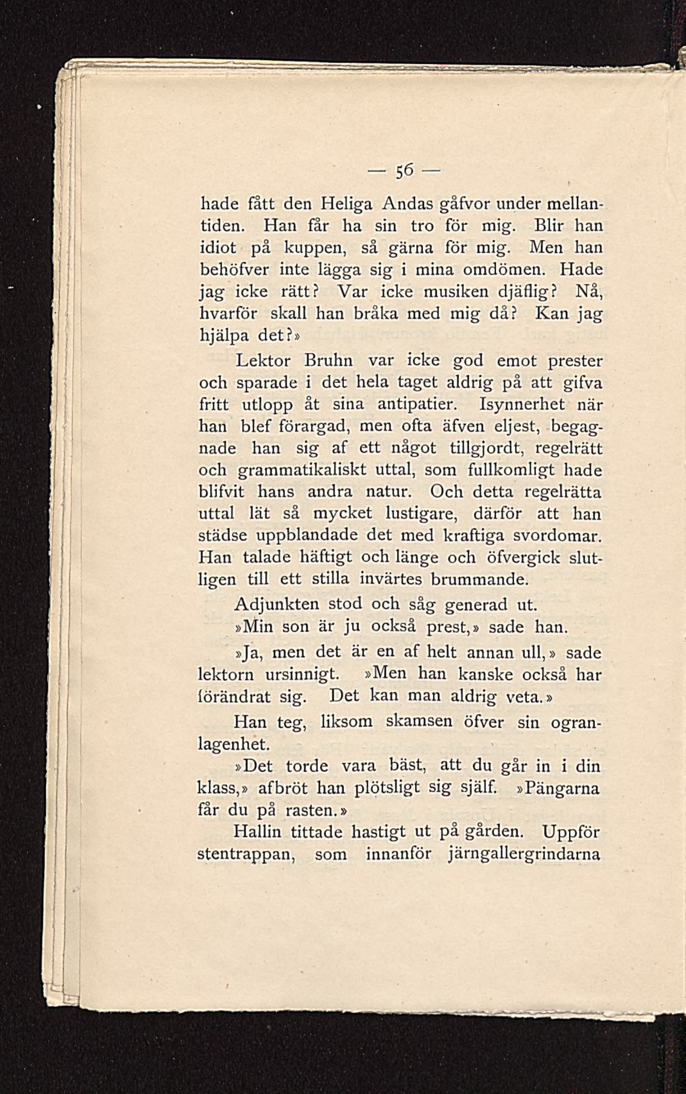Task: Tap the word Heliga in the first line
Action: click(346, 205)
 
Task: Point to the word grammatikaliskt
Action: click(302, 471)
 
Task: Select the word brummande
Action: click(479, 580)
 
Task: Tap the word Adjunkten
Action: click(276, 605)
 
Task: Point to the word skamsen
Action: click(419, 722)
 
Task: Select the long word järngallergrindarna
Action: click(524, 855)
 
